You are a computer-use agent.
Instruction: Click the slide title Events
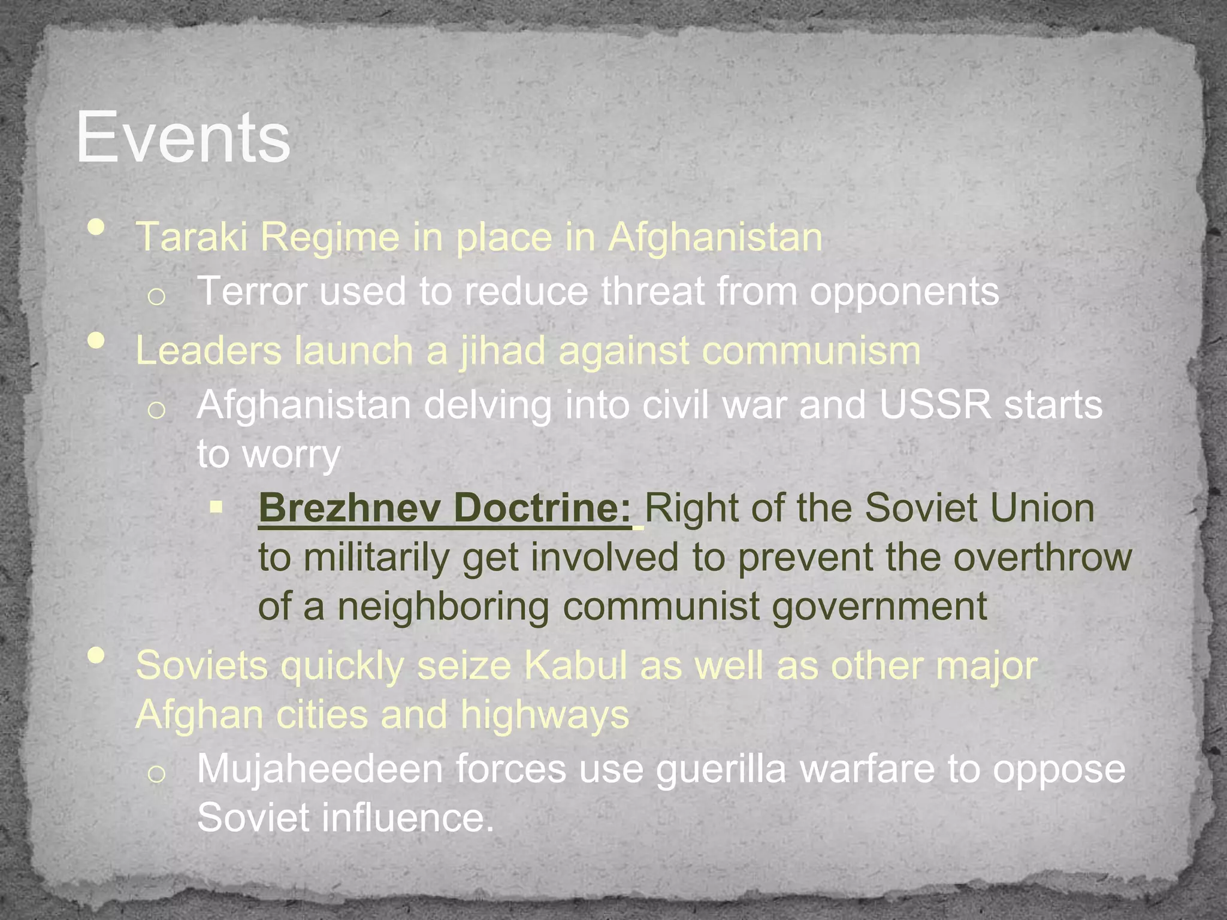(183, 138)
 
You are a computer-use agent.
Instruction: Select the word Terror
(252, 291)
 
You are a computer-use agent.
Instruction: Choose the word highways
(545, 715)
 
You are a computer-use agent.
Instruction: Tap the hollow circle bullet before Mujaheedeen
(156, 774)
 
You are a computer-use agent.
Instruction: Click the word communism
(811, 350)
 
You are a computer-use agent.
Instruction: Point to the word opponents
(905, 292)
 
